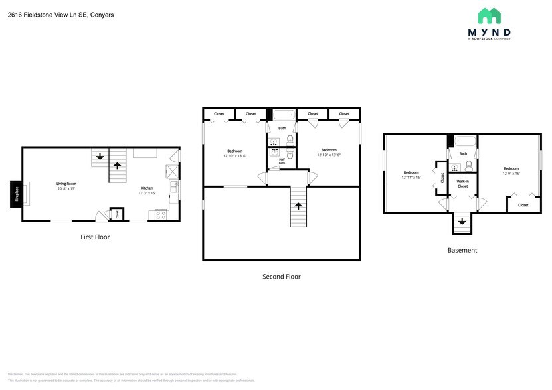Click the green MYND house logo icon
click(490, 16)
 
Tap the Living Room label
click(66, 184)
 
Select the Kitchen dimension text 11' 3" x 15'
click(147, 193)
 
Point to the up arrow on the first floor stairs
click(118, 167)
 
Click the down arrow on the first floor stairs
click(100, 157)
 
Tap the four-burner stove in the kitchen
click(160, 214)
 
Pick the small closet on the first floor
click(117, 214)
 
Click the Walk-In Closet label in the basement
click(462, 184)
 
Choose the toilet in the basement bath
click(468, 165)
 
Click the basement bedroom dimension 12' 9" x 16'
click(511, 174)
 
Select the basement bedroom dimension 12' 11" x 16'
click(411, 177)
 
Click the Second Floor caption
click(282, 277)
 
